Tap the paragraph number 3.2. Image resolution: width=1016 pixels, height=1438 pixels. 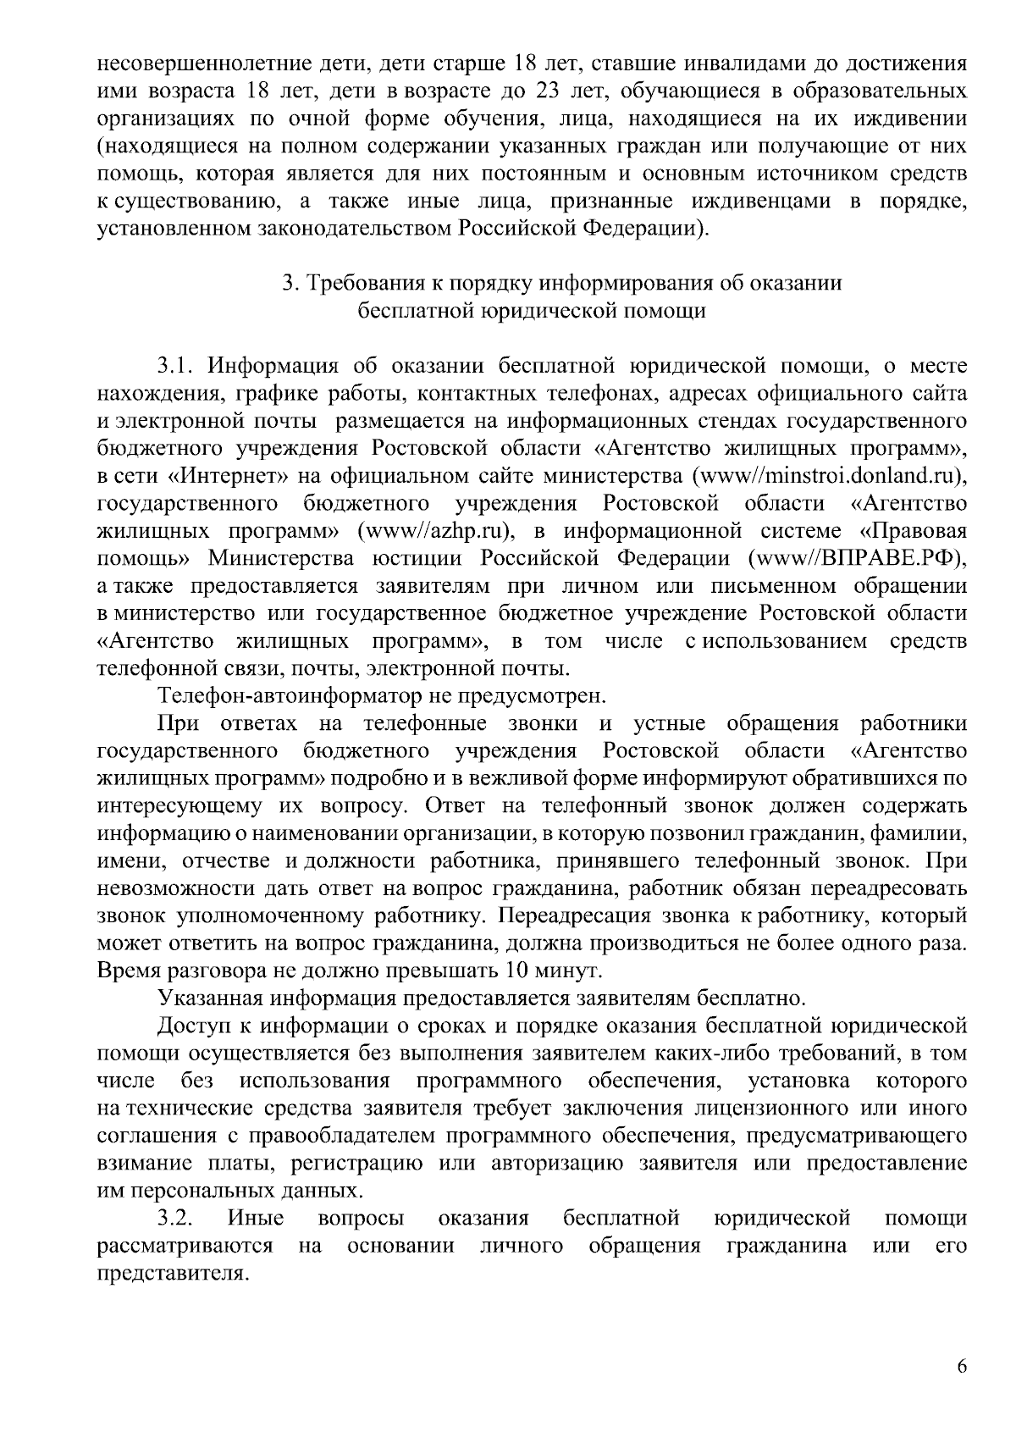[176, 1218]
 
